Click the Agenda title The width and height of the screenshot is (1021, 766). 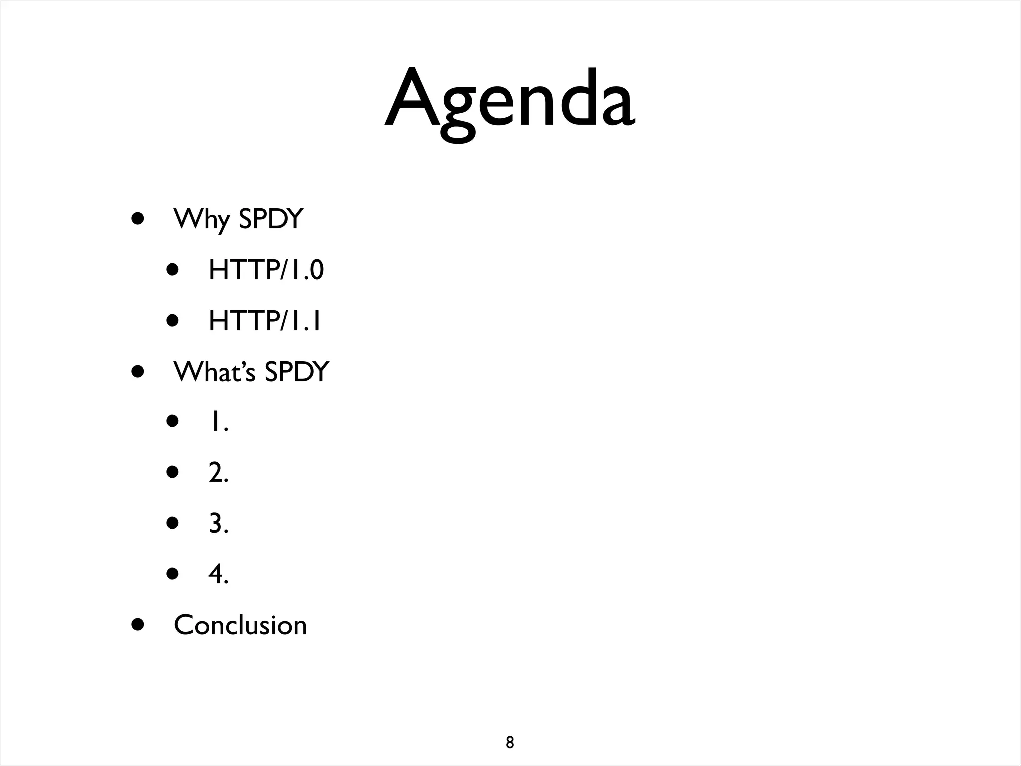pyautogui.click(x=510, y=102)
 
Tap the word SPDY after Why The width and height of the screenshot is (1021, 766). pyautogui.click(x=271, y=219)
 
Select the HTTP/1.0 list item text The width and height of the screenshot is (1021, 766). pyautogui.click(x=266, y=270)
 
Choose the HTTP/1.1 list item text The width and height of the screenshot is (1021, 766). pyautogui.click(x=265, y=321)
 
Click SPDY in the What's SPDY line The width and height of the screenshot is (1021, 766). pyautogui.click(x=297, y=372)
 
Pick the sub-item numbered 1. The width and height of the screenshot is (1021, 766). pyautogui.click(x=218, y=422)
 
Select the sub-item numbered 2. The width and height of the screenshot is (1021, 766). pyautogui.click(x=218, y=473)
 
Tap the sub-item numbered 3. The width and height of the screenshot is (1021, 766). pyautogui.click(x=218, y=524)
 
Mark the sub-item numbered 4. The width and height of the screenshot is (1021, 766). pyautogui.click(x=218, y=574)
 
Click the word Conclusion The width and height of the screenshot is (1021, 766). pyautogui.click(x=240, y=625)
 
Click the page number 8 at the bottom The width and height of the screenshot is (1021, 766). pyautogui.click(x=510, y=742)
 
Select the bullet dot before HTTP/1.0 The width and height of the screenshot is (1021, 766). pyautogui.click(x=172, y=270)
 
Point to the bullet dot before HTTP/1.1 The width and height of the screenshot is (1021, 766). pyautogui.click(x=172, y=321)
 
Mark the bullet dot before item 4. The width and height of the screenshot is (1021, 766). pyautogui.click(x=172, y=574)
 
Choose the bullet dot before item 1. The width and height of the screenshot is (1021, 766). pyautogui.click(x=172, y=422)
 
